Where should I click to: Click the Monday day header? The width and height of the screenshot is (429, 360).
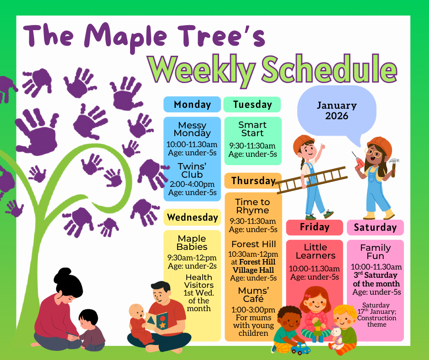[x=192, y=104]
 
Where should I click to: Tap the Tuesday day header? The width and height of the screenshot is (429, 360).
[x=252, y=104]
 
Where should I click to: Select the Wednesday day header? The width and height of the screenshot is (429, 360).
[x=192, y=217]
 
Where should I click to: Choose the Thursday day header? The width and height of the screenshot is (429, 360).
[x=253, y=180]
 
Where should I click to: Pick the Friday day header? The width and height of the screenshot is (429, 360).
[x=314, y=227]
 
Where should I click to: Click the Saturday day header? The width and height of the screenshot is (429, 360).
[x=375, y=228]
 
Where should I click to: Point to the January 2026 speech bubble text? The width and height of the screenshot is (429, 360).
[x=337, y=111]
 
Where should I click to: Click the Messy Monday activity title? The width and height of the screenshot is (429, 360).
[x=192, y=129]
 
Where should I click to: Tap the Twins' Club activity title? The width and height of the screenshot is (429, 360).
[x=192, y=170]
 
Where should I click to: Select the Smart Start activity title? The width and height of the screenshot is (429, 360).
[x=252, y=129]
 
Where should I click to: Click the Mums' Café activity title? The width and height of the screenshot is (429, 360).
[x=253, y=295]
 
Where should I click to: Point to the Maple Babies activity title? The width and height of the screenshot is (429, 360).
[x=192, y=243]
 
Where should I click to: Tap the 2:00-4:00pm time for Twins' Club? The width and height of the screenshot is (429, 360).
[x=192, y=184]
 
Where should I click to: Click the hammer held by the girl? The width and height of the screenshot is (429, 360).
[x=393, y=166]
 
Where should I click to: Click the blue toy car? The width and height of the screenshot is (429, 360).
[x=300, y=348]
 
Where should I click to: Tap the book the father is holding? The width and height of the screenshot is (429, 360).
[x=156, y=321]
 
